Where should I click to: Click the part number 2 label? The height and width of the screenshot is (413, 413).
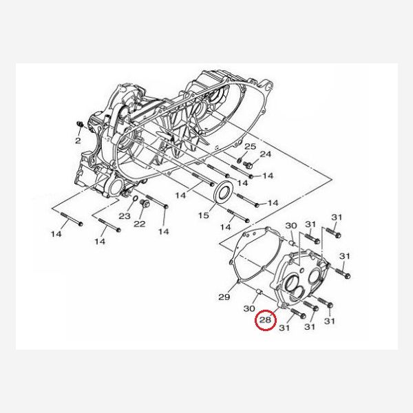pos(78,140)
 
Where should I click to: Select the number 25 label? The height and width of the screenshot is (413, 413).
pos(250,147)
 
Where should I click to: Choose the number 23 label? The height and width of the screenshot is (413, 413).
pos(124,216)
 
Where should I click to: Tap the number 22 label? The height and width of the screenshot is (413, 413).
pos(139,224)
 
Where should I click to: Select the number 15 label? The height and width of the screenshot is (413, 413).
pos(203,215)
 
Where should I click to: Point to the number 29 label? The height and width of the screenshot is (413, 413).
pos(224,297)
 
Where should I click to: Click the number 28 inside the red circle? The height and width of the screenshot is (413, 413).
pos(265,320)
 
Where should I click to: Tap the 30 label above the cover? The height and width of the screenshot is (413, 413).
pos(290,226)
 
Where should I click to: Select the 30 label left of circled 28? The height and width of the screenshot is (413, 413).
pos(249,308)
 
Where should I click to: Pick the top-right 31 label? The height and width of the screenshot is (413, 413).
pos(337,218)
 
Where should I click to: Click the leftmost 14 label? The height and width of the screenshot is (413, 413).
pos(56,234)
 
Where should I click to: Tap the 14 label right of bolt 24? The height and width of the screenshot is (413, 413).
pos(268,176)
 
